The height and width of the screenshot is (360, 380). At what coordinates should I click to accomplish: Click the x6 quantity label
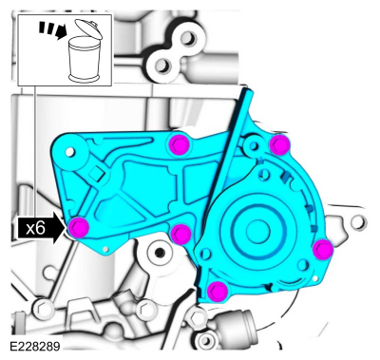click(35, 228)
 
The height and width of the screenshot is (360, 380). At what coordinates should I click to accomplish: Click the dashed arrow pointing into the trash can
click(49, 31)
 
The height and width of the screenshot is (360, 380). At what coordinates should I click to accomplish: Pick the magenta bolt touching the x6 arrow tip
click(78, 227)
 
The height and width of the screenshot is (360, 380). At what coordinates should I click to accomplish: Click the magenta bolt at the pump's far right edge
click(323, 249)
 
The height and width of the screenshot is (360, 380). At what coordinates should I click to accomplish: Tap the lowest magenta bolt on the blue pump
click(218, 291)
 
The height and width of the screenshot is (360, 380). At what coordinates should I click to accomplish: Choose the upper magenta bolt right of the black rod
click(278, 143)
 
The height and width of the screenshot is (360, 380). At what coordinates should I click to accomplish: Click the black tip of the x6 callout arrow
click(62, 228)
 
